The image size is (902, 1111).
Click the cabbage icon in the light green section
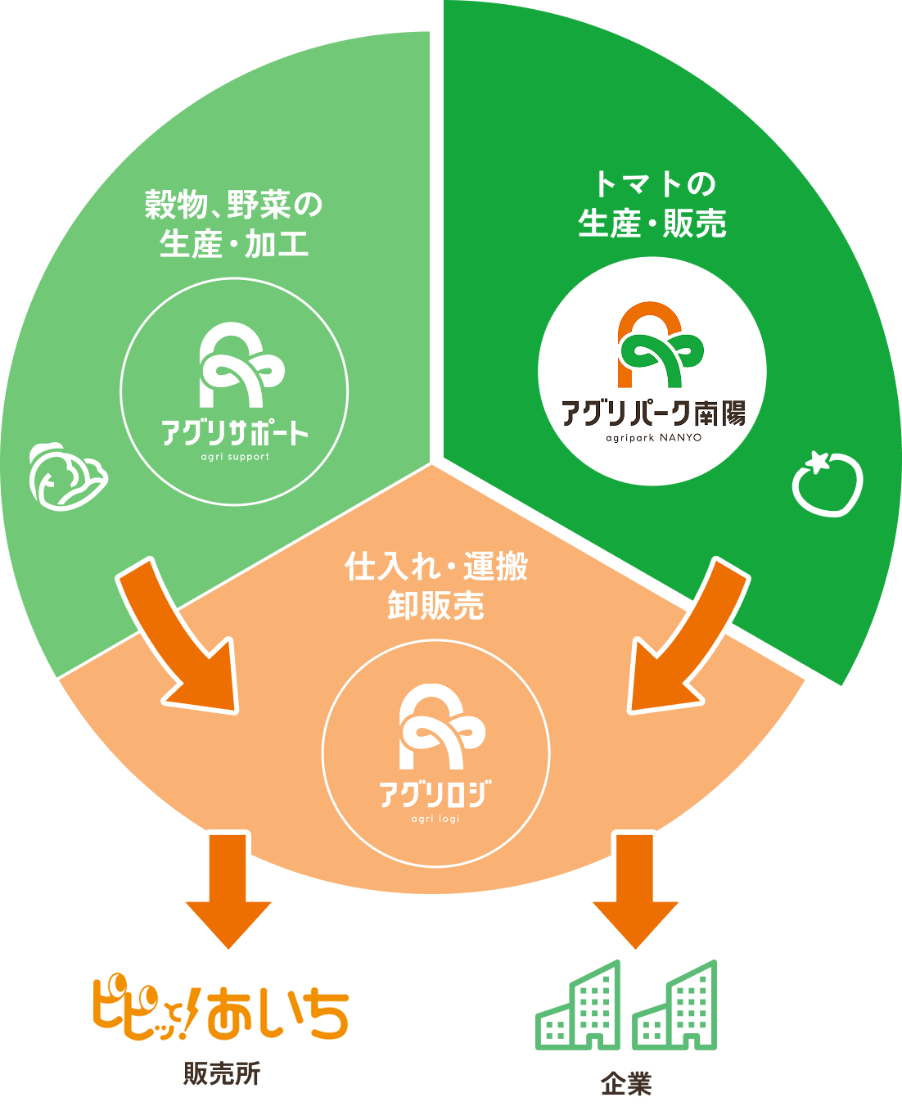67,477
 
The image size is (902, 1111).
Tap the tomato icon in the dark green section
828,484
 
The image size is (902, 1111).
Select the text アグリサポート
235,432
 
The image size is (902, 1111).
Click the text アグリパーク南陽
653,413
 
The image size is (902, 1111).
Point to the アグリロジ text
435,793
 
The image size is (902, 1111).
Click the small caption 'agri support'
235,457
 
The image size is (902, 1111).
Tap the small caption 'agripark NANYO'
653,437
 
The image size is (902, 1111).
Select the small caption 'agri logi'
435,818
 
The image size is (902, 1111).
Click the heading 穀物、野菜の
234,204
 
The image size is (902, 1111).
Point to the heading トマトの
653,183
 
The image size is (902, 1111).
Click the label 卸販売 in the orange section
435,607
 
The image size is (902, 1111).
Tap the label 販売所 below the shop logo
221,1073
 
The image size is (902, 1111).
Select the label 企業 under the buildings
626,1084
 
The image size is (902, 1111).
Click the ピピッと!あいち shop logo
221,1005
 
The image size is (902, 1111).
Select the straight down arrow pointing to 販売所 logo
228,888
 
